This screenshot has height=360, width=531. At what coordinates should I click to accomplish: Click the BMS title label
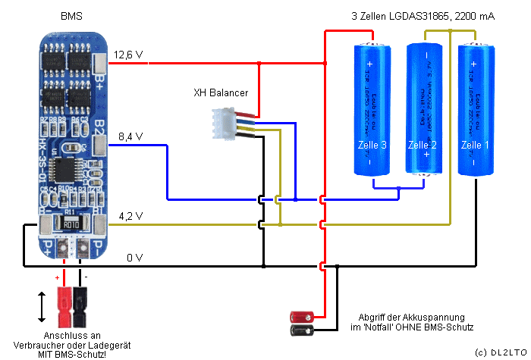(72, 16)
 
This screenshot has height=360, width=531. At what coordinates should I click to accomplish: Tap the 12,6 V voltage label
(128, 55)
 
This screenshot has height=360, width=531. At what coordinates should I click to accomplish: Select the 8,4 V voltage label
(130, 136)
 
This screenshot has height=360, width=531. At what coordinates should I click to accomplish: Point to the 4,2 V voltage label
(130, 217)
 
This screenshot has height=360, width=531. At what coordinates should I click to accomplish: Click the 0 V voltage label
(134, 258)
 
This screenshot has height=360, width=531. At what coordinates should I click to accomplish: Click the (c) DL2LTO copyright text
(500, 353)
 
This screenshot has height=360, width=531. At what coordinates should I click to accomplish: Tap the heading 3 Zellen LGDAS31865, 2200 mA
(423, 16)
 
